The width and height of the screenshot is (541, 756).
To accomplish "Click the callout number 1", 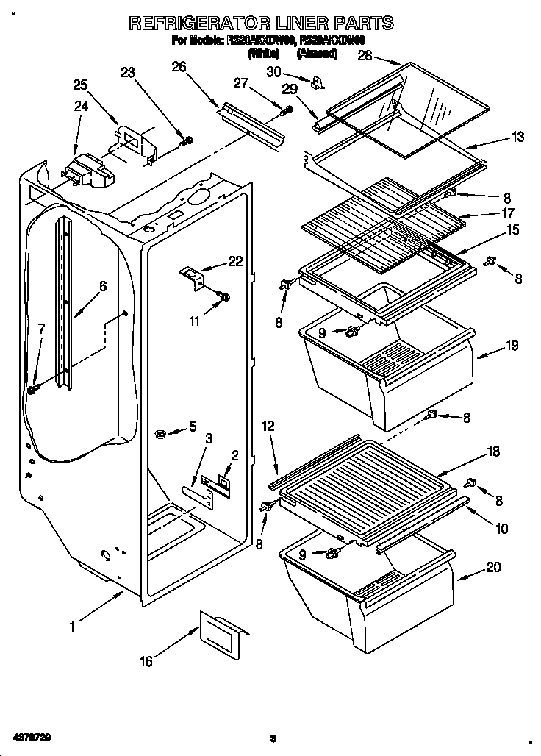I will pos(72,627).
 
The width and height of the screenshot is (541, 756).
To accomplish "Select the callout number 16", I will pos(146,662).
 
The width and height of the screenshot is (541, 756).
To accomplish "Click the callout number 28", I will pos(365,56).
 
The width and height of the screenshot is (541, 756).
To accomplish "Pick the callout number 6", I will pos(103,287).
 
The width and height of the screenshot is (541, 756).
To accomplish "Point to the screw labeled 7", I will pos(32,388).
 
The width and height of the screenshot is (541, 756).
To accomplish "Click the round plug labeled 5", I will pos(162,435).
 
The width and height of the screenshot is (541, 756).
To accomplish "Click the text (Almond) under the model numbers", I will pos(317,54).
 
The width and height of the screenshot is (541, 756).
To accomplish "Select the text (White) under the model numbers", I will pos(262,54).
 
